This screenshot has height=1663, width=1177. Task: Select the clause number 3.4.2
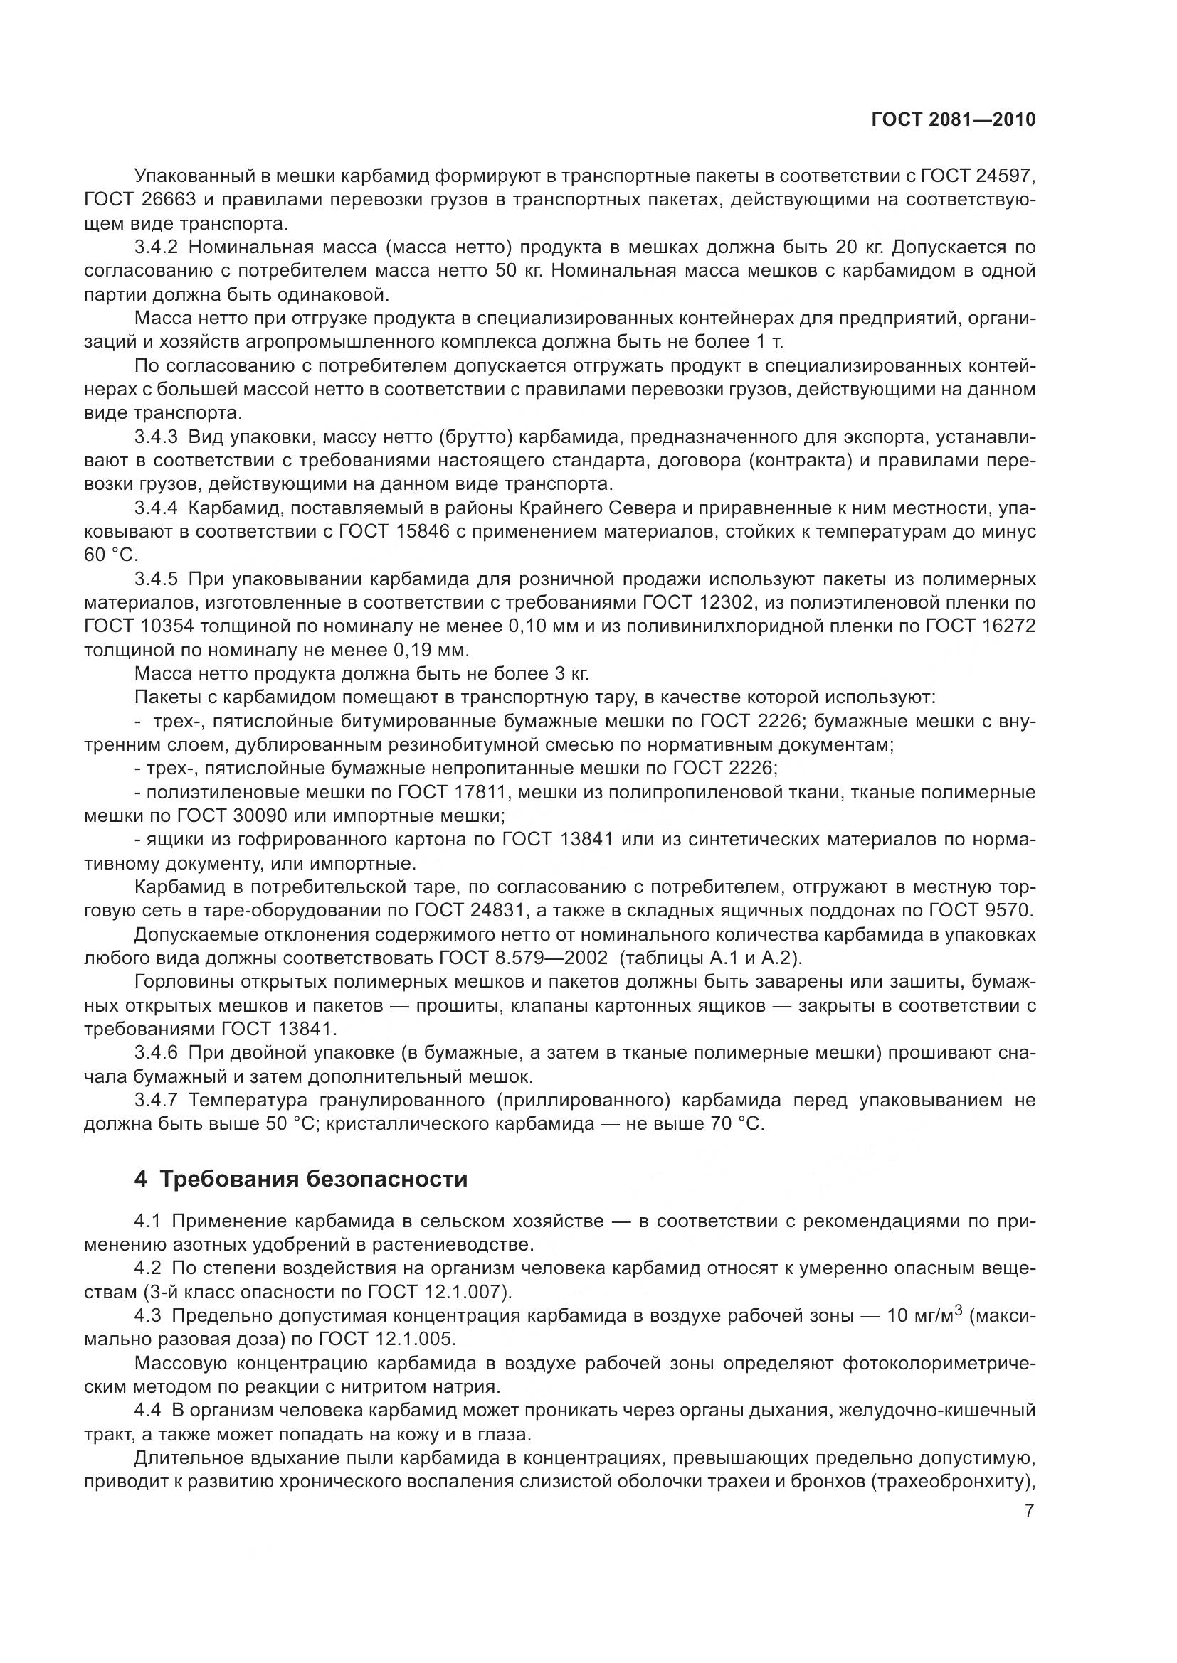(156, 247)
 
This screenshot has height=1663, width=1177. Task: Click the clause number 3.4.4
(156, 508)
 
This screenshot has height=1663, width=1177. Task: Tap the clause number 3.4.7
(156, 1100)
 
